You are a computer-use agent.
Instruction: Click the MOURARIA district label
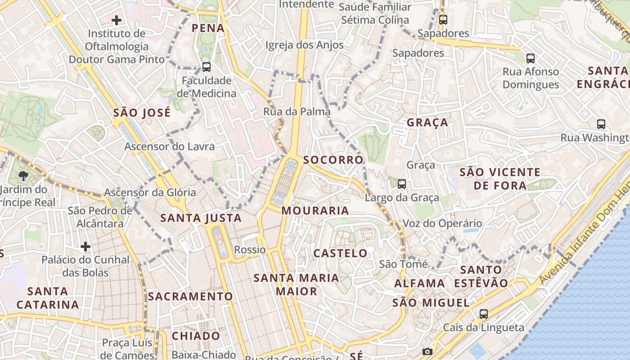coord(315,211)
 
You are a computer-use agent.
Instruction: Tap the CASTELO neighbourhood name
coord(340,253)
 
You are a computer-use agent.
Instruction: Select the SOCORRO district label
coord(333,160)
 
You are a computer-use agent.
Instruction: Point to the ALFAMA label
coord(419,283)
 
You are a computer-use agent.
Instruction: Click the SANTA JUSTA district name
coord(201,219)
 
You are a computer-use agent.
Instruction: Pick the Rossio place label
coord(250,250)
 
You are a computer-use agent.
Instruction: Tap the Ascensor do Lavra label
coord(169,147)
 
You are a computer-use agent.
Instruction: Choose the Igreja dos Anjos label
coord(304,45)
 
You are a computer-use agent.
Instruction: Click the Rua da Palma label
coord(297,112)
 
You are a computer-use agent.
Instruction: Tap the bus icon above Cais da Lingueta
coord(484,314)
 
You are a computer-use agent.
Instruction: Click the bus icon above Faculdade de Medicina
coord(207,67)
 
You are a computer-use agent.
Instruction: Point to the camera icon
coord(427,351)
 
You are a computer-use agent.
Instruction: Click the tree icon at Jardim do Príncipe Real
coord(24,175)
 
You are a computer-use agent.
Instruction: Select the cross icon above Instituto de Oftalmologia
coord(117,20)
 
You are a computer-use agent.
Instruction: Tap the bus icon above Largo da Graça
coord(402,184)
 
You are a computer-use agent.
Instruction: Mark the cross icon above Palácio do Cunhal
coord(85,246)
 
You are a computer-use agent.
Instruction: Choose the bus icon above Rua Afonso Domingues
coord(531,58)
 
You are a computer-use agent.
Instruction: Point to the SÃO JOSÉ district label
coord(142,112)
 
